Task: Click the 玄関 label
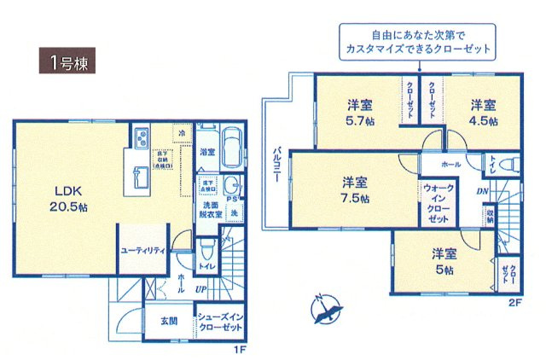coord(168,322)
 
